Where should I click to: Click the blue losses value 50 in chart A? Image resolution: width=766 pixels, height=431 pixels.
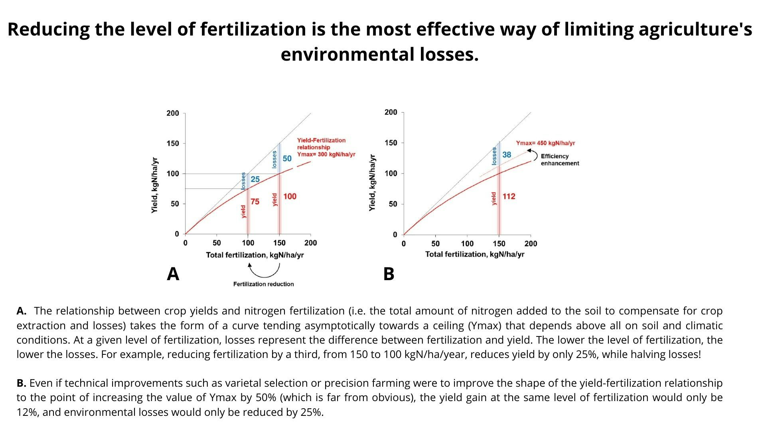coord(287,158)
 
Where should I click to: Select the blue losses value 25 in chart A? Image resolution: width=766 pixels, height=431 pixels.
coord(255,179)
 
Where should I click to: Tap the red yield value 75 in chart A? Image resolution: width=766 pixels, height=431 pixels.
coord(255,202)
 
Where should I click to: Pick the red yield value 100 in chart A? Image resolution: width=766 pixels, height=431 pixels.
coord(290,196)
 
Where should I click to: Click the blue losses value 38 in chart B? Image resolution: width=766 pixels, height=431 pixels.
coord(506,154)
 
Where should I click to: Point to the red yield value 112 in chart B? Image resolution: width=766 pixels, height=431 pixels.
coord(509,196)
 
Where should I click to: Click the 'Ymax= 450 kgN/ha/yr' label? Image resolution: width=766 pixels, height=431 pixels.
coord(545,143)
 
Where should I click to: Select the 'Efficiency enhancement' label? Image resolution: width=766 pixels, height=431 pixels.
coord(560,160)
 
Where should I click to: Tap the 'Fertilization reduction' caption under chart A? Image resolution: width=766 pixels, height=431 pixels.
coord(263,284)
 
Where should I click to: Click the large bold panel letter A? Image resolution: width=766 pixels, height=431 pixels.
coord(173,274)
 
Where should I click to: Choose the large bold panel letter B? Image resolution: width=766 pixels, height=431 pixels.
coord(389,274)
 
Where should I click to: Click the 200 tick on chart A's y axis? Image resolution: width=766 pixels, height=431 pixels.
coord(173,113)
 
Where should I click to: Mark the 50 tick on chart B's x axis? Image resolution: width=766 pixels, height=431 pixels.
coord(435,243)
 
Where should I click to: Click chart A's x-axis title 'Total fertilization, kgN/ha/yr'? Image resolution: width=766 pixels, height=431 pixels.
coord(255,255)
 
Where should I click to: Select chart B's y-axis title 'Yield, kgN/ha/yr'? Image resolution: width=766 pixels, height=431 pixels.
coord(372,183)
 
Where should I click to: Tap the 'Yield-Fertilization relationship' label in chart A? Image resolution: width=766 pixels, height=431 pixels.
coord(321,144)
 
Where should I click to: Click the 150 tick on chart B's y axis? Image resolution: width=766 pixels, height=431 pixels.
coord(391,143)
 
